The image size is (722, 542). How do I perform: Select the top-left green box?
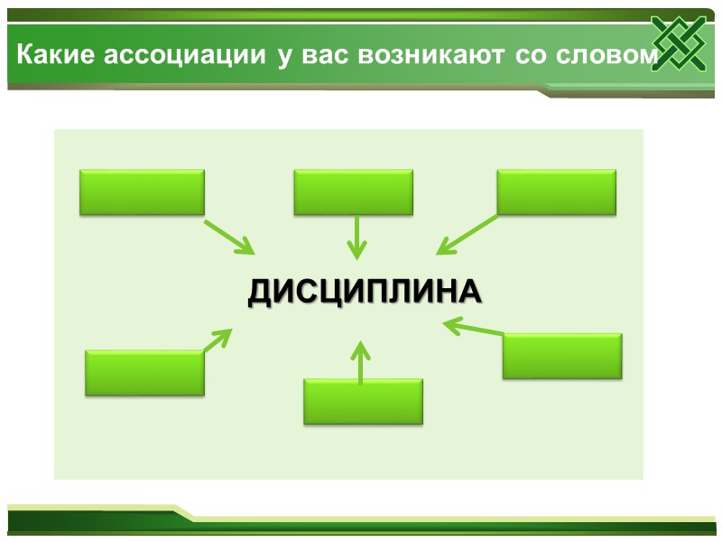click(x=142, y=192)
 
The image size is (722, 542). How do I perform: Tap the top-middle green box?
click(x=353, y=192)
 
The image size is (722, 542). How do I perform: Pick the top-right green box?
click(x=556, y=192)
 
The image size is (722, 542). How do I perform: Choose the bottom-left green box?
click(x=144, y=373)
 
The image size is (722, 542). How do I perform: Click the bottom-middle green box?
click(x=363, y=401)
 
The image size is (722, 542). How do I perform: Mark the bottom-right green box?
click(x=562, y=356)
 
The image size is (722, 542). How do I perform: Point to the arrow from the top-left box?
click(x=229, y=236)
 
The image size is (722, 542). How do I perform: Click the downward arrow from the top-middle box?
click(x=358, y=236)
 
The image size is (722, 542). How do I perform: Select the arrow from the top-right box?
click(x=467, y=234)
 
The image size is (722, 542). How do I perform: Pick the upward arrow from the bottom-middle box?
click(x=360, y=361)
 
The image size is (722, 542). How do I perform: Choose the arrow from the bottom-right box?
click(x=474, y=328)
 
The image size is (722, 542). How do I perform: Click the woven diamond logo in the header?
click(x=679, y=44)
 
